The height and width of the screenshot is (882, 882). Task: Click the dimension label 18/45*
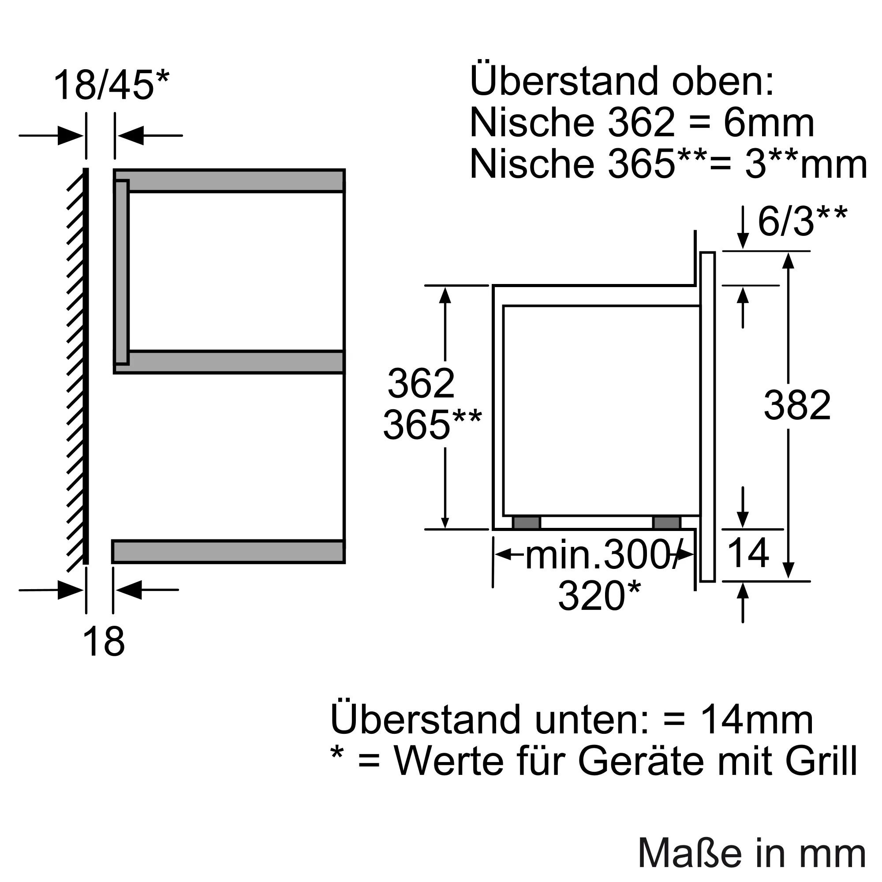click(111, 86)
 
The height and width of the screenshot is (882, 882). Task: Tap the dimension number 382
click(797, 405)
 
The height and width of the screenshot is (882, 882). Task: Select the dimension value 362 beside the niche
click(421, 384)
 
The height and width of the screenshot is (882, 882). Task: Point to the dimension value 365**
click(432, 425)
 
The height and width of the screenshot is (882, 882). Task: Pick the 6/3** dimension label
click(802, 222)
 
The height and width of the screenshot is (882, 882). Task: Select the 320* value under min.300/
click(599, 595)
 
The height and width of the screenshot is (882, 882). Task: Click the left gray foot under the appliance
click(527, 523)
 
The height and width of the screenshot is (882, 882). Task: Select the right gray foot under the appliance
click(666, 523)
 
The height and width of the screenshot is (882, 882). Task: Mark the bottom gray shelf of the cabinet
click(228, 552)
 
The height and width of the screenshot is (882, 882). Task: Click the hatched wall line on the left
click(85, 365)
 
